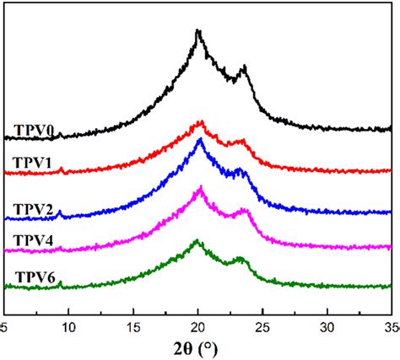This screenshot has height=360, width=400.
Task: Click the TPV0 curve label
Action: (x=34, y=130)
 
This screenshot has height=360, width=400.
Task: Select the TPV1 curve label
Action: (x=34, y=163)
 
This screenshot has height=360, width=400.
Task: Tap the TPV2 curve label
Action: (x=34, y=207)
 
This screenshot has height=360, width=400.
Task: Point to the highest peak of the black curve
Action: (x=197, y=31)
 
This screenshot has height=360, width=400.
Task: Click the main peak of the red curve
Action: (x=200, y=122)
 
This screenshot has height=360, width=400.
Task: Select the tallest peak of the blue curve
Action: (x=200, y=140)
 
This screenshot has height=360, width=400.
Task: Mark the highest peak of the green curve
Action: (x=197, y=241)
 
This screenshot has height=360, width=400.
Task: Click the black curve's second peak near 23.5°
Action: (x=244, y=67)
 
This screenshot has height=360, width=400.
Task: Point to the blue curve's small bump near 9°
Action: (x=59, y=212)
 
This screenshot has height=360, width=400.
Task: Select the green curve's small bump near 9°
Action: (x=60, y=284)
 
